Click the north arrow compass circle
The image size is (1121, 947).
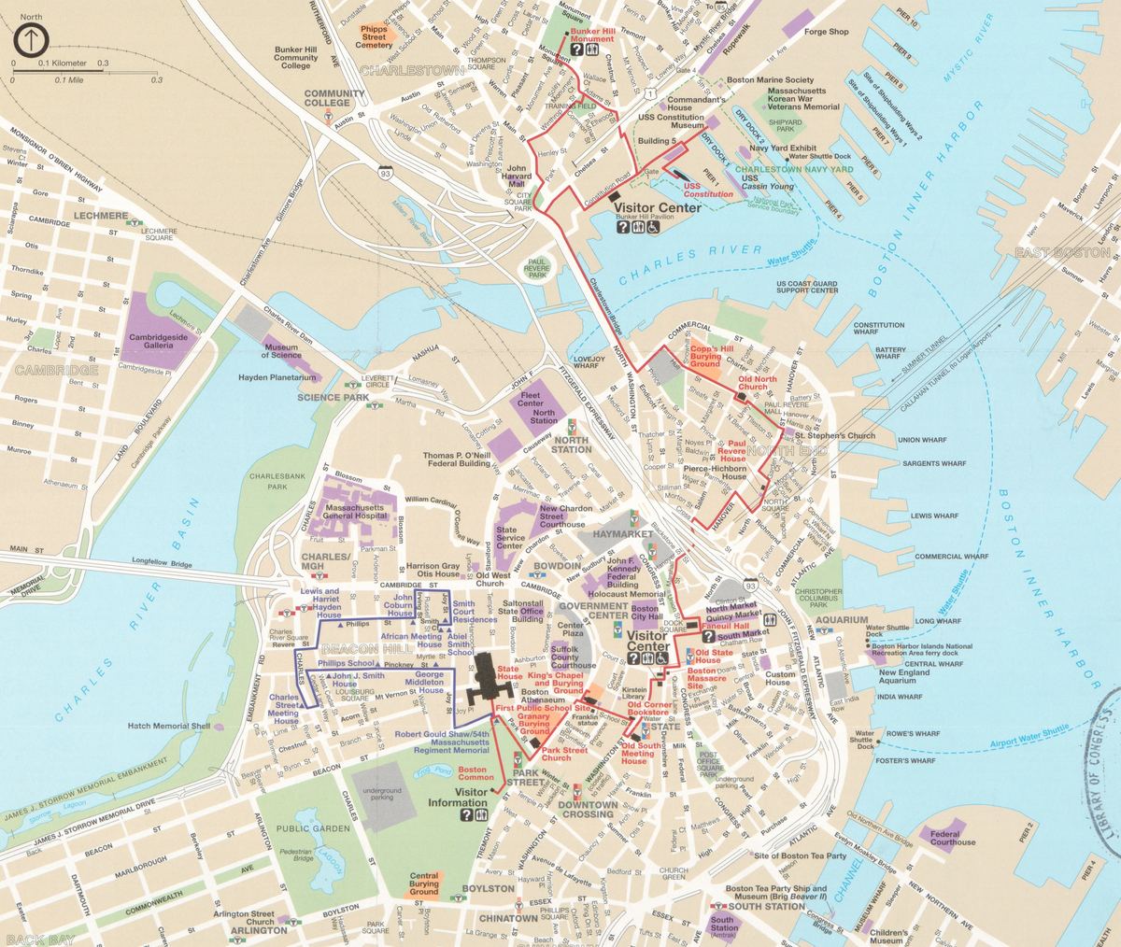tap(32, 40)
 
